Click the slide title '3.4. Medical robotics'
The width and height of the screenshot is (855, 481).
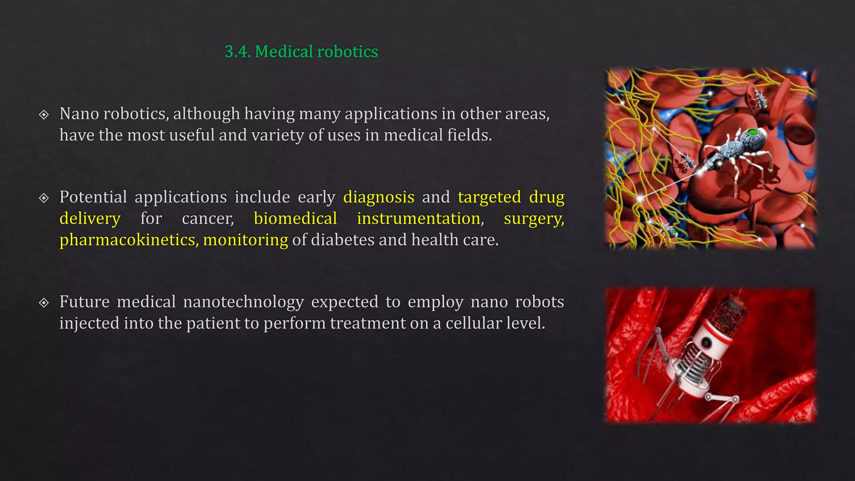click(x=301, y=51)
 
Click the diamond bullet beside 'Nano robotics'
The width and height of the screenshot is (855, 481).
click(x=44, y=114)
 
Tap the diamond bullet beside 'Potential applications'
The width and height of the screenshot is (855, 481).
click(x=44, y=197)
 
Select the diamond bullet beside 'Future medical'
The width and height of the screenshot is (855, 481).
click(x=44, y=302)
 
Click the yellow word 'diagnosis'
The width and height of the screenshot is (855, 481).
click(x=379, y=197)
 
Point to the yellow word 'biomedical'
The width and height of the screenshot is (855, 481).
click(x=295, y=218)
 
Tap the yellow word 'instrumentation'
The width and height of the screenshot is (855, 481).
click(x=418, y=218)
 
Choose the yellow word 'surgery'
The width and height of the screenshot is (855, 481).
click(x=533, y=218)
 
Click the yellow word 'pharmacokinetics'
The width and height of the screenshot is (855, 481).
click(x=128, y=240)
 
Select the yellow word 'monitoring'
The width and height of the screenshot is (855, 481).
click(x=245, y=240)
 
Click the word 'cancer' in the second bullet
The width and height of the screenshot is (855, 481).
click(x=207, y=218)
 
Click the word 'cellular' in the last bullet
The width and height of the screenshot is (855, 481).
click(x=473, y=323)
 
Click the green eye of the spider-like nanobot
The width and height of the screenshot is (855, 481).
click(x=753, y=133)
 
